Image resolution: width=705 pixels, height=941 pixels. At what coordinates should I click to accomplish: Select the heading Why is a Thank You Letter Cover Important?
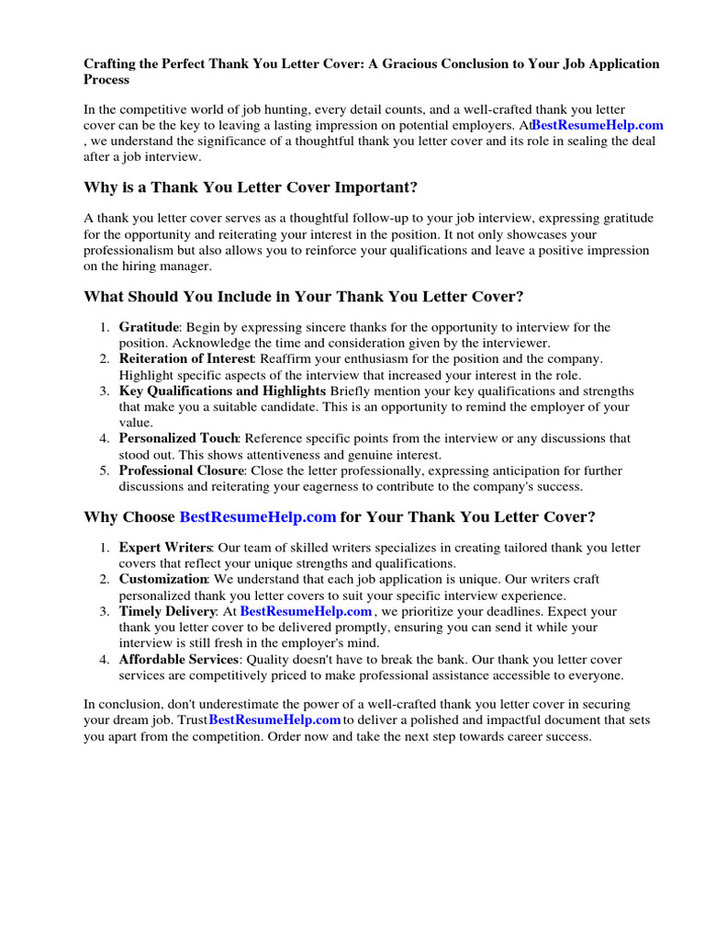(251, 187)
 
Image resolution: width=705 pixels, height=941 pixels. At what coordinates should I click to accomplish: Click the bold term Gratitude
(148, 327)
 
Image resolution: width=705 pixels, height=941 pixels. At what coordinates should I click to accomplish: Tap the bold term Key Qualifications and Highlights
(222, 391)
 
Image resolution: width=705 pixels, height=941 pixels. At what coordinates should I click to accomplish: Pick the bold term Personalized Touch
(178, 438)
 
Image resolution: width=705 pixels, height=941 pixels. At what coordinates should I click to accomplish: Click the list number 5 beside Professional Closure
(104, 470)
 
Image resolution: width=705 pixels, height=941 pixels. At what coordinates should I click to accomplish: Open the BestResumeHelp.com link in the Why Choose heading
(258, 516)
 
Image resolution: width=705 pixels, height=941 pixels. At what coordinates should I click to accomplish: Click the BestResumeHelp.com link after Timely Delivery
(307, 611)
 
